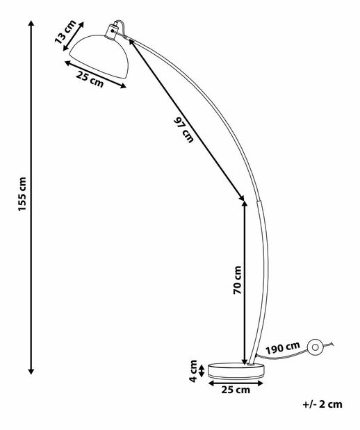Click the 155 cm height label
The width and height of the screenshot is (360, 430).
click(x=22, y=194)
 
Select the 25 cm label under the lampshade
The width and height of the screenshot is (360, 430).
click(x=90, y=79)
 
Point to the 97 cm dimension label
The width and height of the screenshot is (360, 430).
click(x=183, y=130)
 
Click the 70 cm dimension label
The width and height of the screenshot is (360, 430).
click(x=238, y=280)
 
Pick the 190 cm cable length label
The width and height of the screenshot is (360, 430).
click(x=283, y=348)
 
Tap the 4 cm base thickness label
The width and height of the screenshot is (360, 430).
click(x=193, y=371)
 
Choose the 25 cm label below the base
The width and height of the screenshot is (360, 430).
click(x=236, y=390)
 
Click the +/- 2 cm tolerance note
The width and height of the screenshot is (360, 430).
click(x=322, y=404)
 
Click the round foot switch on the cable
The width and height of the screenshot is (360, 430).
click(x=316, y=347)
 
